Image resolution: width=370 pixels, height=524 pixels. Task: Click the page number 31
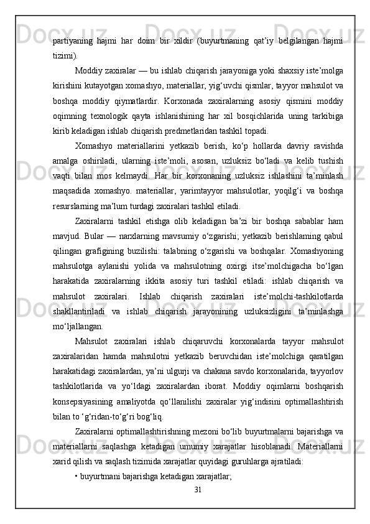click(198, 489)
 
